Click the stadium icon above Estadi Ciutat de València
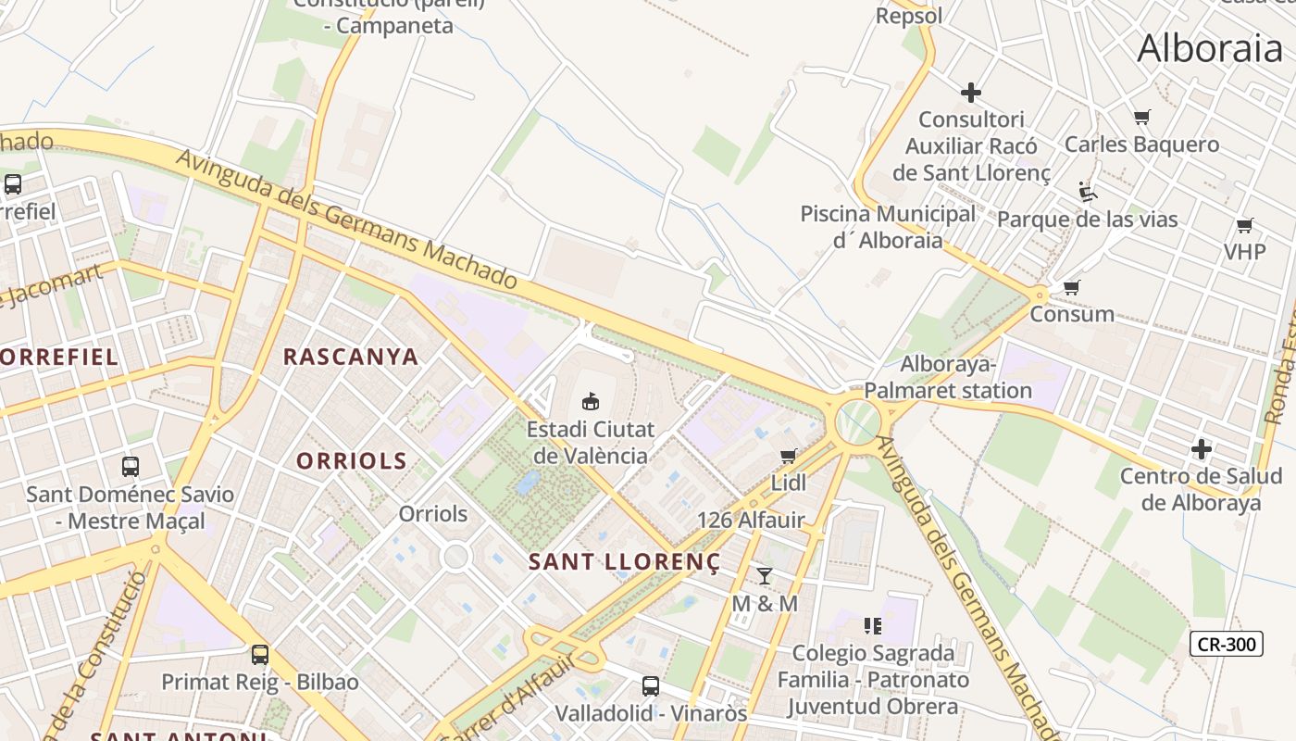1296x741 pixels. coord(590,401)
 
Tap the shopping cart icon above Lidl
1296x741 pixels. coord(789,456)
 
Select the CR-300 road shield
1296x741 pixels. coord(1227,644)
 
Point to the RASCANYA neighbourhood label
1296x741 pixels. coord(351,357)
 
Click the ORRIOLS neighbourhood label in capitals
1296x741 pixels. coord(352,460)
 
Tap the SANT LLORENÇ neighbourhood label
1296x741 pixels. coord(624,561)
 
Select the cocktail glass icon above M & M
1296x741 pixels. coord(765,575)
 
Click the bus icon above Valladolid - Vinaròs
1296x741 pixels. coord(651,686)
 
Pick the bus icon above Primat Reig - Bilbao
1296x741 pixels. coord(260,655)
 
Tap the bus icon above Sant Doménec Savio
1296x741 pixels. coord(131,466)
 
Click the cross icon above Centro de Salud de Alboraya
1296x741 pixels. coord(1202,449)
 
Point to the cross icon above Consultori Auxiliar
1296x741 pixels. coord(971,93)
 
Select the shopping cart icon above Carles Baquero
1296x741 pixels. coord(1142,118)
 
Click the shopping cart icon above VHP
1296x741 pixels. coord(1245,225)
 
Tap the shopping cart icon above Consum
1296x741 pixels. coord(1072,287)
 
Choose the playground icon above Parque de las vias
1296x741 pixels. coord(1088,192)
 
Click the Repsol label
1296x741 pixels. coord(909,16)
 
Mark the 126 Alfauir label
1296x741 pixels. coord(751,520)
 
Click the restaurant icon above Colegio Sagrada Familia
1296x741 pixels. coord(872,626)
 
